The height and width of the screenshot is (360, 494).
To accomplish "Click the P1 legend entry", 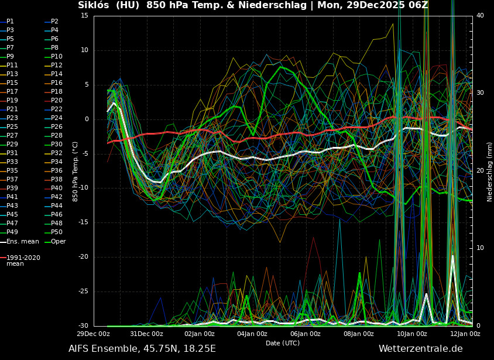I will click(10, 22).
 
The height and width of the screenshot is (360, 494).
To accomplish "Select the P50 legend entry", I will click(57, 232).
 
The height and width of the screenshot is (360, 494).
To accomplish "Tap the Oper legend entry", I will click(58, 241).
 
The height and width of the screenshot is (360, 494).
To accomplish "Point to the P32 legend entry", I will click(57, 153).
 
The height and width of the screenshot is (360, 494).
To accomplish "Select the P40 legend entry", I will click(57, 188).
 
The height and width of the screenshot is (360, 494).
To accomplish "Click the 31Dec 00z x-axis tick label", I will click(146, 334).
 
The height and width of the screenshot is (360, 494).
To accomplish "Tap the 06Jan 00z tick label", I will click(306, 334).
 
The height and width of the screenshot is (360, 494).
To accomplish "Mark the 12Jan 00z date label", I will click(465, 334).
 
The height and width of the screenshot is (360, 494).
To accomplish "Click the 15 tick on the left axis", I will click(84, 16).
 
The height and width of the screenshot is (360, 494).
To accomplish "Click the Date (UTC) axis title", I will click(283, 343).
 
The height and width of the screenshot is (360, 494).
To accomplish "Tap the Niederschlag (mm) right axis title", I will click(489, 172).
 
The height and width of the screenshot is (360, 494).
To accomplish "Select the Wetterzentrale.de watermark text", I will click(420, 349).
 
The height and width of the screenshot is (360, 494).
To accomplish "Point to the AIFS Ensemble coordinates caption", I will click(142, 349).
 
